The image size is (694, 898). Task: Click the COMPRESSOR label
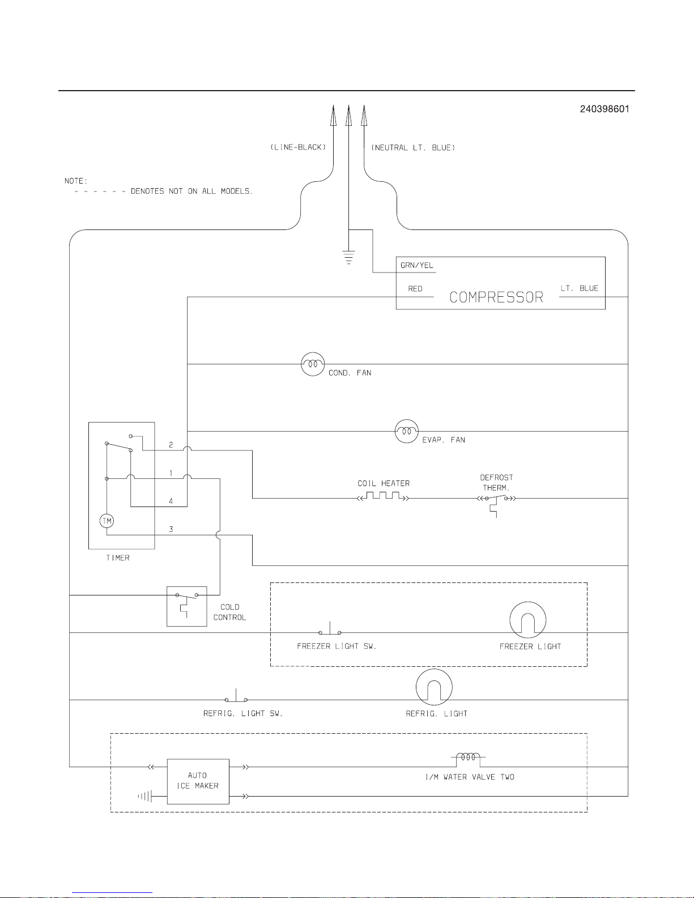pyautogui.click(x=496, y=297)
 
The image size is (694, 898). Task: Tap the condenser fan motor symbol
pyautogui.click(x=313, y=364)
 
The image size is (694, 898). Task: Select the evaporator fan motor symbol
pyautogui.click(x=406, y=432)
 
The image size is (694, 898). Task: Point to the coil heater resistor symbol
pyautogui.click(x=383, y=497)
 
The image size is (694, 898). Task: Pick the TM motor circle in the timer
pyautogui.click(x=107, y=521)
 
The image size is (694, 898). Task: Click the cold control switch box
pyautogui.click(x=186, y=606)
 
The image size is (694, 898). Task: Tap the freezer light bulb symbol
pyautogui.click(x=527, y=620)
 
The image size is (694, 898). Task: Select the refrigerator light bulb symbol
pyautogui.click(x=434, y=687)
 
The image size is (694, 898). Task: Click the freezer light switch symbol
pyautogui.click(x=330, y=630)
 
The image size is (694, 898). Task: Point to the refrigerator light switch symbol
pyautogui.click(x=236, y=697)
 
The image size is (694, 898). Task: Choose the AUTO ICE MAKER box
pyautogui.click(x=198, y=781)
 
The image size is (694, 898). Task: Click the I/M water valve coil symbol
pyautogui.click(x=469, y=757)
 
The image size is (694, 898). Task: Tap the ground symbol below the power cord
pyautogui.click(x=348, y=257)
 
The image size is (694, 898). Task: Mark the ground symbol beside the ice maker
pyautogui.click(x=145, y=797)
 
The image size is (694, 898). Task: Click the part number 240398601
pyautogui.click(x=604, y=109)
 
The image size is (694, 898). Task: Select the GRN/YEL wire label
pyautogui.click(x=416, y=265)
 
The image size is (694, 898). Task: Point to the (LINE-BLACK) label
pyautogui.click(x=298, y=147)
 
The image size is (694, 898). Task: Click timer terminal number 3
pyautogui.click(x=171, y=529)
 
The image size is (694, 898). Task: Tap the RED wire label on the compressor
pyautogui.click(x=415, y=289)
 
